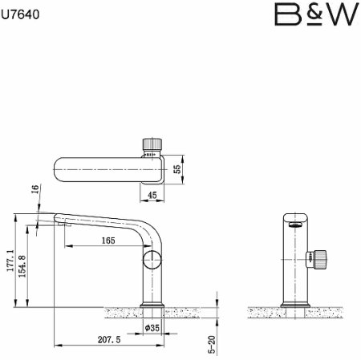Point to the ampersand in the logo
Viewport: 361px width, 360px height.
point(310,15)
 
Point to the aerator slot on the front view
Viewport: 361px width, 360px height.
point(294,224)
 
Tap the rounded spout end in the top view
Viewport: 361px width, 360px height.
point(59,170)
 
